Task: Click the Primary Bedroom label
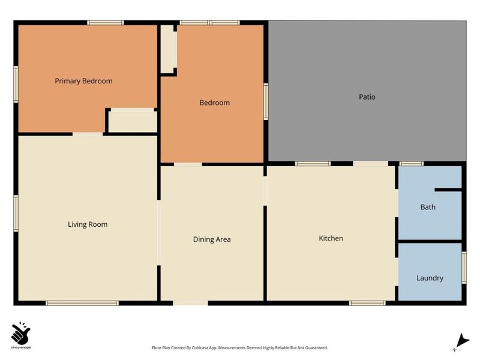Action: pos(83,81)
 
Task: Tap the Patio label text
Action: pos(367,97)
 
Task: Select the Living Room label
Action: pos(88,224)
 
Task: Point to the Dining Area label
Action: pos(212,239)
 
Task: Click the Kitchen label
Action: pos(331,238)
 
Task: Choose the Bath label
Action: pos(428,207)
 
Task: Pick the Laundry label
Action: pos(430,278)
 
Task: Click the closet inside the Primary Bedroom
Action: pos(133,122)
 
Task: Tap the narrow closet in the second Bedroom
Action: pos(167,49)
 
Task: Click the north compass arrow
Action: pos(462,342)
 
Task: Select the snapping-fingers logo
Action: pos(20,333)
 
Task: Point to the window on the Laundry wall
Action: pos(464,267)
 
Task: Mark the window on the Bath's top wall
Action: pos(412,164)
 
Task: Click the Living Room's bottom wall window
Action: pos(82,304)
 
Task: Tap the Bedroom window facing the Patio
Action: pos(266,101)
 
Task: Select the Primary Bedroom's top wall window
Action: pos(106,23)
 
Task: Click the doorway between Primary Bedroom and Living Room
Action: pos(88,134)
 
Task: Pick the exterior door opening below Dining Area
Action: pos(190,303)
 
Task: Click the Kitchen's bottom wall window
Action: pos(367,304)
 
